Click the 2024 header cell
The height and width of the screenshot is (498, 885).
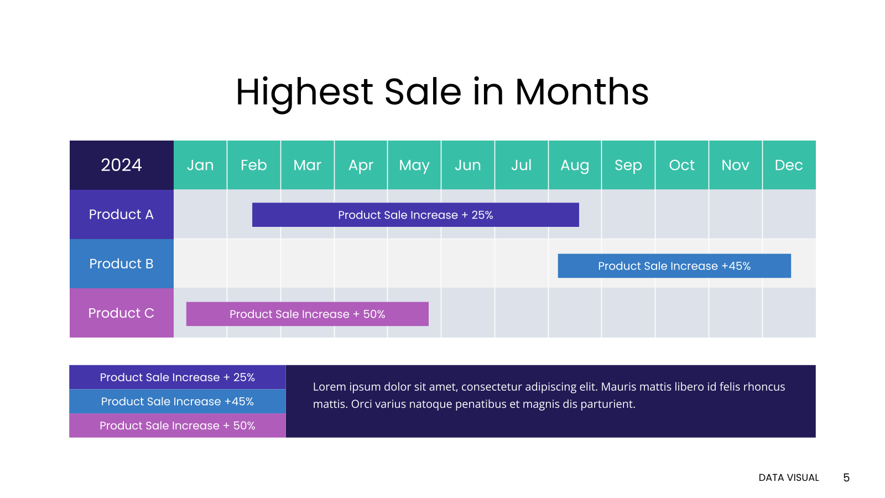point(121,165)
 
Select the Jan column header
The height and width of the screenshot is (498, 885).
point(200,165)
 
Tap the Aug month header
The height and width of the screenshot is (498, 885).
point(575,165)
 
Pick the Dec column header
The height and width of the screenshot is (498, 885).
point(789,165)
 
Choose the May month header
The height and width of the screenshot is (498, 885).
point(414,165)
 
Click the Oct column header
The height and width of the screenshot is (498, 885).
point(682,165)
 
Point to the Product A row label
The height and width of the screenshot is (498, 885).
point(121,214)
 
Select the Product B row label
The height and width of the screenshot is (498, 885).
point(121,263)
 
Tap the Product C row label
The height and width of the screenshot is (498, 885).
point(121,313)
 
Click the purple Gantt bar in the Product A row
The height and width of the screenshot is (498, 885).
point(415,215)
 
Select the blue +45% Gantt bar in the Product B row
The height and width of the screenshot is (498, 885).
point(674,266)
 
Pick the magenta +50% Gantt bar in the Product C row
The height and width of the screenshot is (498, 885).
point(308,314)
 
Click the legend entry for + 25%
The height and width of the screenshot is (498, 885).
point(178,377)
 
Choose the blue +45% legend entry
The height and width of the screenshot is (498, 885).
point(178,402)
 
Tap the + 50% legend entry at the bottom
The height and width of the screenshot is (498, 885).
point(178,426)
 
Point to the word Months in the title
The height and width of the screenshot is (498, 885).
point(581,92)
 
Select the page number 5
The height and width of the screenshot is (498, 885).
point(846,478)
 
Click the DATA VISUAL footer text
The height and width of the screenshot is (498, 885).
point(789,478)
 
